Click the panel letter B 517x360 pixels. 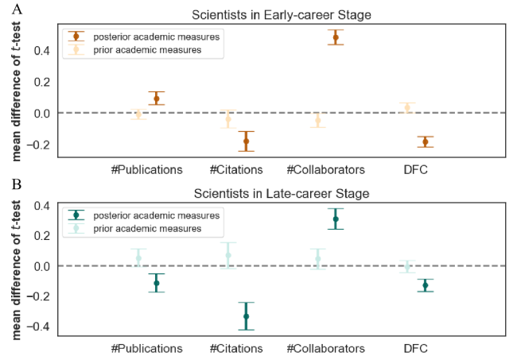coord(6,184)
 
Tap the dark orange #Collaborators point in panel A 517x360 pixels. coord(336,37)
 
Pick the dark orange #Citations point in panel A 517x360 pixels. coord(246,141)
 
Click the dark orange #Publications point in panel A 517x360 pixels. coord(157,99)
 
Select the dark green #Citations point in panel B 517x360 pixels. coord(246,316)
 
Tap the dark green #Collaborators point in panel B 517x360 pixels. coord(336,219)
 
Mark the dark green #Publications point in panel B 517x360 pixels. coord(157,283)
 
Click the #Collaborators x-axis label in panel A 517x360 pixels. coord(325,169)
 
